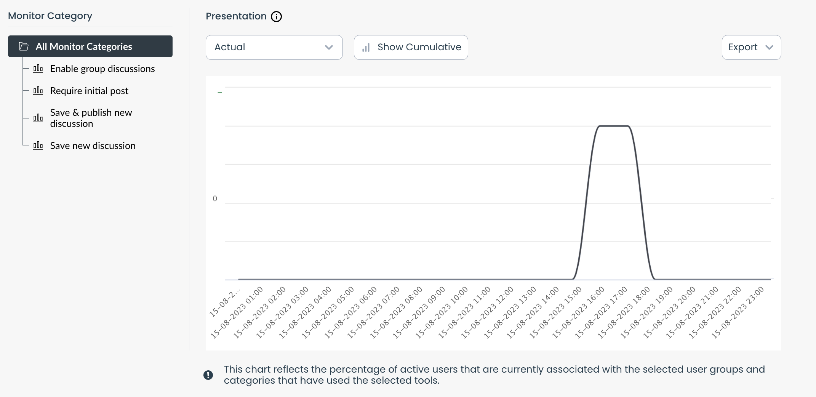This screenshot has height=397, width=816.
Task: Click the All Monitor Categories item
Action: click(x=90, y=46)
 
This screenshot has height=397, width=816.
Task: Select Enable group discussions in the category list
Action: click(x=102, y=69)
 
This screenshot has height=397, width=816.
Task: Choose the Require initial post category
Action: click(x=89, y=91)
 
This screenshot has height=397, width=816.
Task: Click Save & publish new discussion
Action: click(x=91, y=118)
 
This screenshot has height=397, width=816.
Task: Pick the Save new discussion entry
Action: click(x=93, y=146)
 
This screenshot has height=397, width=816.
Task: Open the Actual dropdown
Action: click(x=274, y=47)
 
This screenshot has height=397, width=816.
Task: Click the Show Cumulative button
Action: click(x=411, y=47)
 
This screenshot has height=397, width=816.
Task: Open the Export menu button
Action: click(x=751, y=47)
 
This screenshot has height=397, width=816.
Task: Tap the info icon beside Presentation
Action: click(x=276, y=17)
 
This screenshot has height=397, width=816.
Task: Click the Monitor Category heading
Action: click(x=50, y=16)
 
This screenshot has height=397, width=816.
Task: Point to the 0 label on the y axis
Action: click(x=215, y=199)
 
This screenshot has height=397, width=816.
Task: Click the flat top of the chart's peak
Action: click(x=613, y=126)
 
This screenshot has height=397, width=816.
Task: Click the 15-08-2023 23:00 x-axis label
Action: click(x=738, y=312)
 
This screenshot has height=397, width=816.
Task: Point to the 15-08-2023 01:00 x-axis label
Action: click(x=237, y=312)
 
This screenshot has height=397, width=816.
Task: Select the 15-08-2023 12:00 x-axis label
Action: click(x=487, y=312)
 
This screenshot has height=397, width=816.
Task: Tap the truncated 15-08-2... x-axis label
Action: click(x=225, y=303)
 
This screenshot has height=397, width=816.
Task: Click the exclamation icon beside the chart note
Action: click(x=208, y=375)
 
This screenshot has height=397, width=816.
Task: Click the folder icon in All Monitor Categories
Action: click(x=24, y=46)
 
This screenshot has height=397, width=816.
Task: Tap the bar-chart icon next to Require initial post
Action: click(x=38, y=91)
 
